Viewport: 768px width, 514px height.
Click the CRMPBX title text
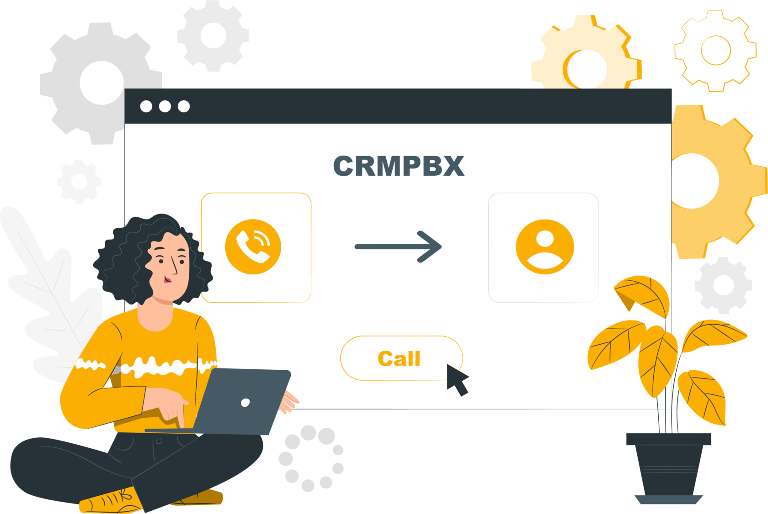click(x=399, y=166)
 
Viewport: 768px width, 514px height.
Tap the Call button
click(x=399, y=358)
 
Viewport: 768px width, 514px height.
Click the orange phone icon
click(x=253, y=247)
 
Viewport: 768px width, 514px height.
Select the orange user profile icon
click(x=544, y=247)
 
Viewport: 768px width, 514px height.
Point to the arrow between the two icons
click(x=398, y=247)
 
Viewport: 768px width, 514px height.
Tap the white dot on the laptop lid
click(x=245, y=402)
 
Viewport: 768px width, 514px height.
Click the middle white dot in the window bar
click(x=165, y=106)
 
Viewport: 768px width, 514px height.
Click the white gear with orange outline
click(x=715, y=50)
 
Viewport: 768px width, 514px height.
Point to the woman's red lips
click(x=168, y=279)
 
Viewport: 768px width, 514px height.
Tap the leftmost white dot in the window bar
click(x=146, y=106)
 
